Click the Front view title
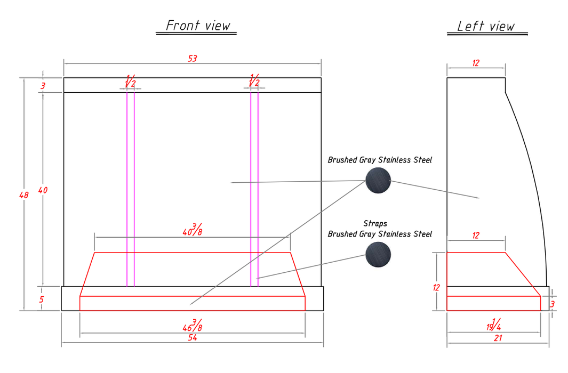198,26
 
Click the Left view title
486,26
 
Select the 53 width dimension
193,59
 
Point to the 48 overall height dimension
24,195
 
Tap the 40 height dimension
43,190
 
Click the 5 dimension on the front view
42,299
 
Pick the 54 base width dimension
193,337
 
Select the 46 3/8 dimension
193,325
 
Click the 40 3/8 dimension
193,230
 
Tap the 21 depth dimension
498,338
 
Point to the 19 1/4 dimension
494,325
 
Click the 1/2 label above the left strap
131,81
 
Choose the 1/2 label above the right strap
254,80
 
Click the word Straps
375,224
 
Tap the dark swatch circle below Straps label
378,255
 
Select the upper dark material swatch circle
378,181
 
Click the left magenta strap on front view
131,190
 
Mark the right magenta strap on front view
254,190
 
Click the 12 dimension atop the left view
476,63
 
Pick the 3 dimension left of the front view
43,86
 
